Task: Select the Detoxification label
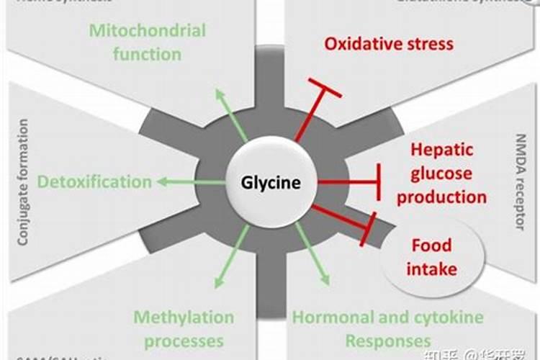(94, 181)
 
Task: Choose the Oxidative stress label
(389, 43)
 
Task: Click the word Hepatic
(441, 150)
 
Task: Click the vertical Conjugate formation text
(23, 182)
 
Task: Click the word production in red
(441, 197)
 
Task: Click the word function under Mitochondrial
(147, 54)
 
